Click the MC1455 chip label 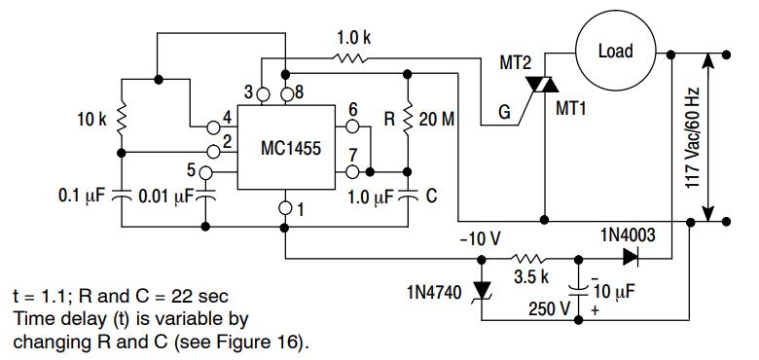tap(290, 148)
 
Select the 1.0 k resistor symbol tap(349, 58)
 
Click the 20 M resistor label tap(437, 119)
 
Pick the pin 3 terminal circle tap(263, 94)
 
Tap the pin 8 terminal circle tap(286, 94)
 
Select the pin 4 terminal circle tap(213, 127)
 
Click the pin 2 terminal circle tap(213, 152)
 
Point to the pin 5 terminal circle tap(205, 172)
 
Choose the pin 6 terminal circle tap(352, 127)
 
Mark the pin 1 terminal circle tap(285, 208)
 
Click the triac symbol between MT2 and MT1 tap(542, 86)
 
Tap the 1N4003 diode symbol tap(632, 257)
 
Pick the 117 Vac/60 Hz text tap(693, 131)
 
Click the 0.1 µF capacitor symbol tap(122, 196)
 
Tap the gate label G tap(504, 113)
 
